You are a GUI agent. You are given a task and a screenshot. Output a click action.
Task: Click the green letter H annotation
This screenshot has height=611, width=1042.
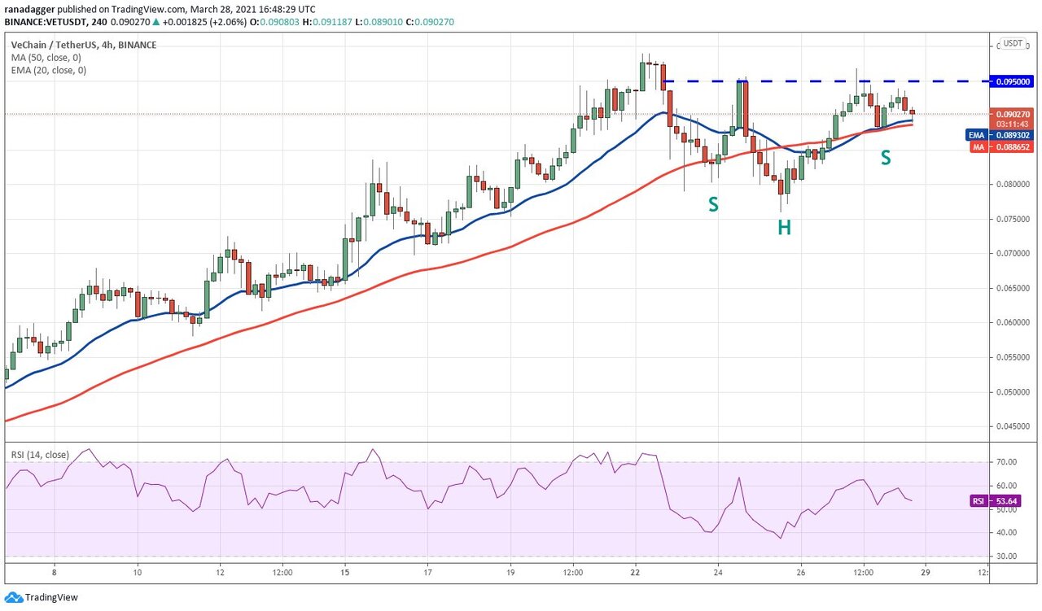[x=784, y=227]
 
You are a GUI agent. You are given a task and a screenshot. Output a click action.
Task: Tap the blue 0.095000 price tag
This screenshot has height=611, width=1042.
[x=1012, y=81]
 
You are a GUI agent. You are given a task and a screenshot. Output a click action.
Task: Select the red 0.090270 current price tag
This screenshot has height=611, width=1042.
[x=1012, y=115]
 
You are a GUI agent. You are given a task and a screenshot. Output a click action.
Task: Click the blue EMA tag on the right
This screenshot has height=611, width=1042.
[x=977, y=135]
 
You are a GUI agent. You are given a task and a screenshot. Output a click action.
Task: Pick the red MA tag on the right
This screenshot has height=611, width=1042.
[x=978, y=147]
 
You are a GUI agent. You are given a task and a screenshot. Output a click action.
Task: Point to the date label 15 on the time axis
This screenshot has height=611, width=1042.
[x=344, y=572]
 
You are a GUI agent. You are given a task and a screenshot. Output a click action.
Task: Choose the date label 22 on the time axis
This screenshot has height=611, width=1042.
[x=636, y=572]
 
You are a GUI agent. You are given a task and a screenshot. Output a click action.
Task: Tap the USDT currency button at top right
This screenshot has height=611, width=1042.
[x=1013, y=43]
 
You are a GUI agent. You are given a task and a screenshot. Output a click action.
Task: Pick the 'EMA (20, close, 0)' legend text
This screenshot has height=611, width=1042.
[x=49, y=70]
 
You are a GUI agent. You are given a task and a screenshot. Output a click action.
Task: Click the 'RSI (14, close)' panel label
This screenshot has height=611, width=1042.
[x=40, y=455]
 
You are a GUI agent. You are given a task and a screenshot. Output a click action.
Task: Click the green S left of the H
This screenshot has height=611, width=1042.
[x=713, y=205]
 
